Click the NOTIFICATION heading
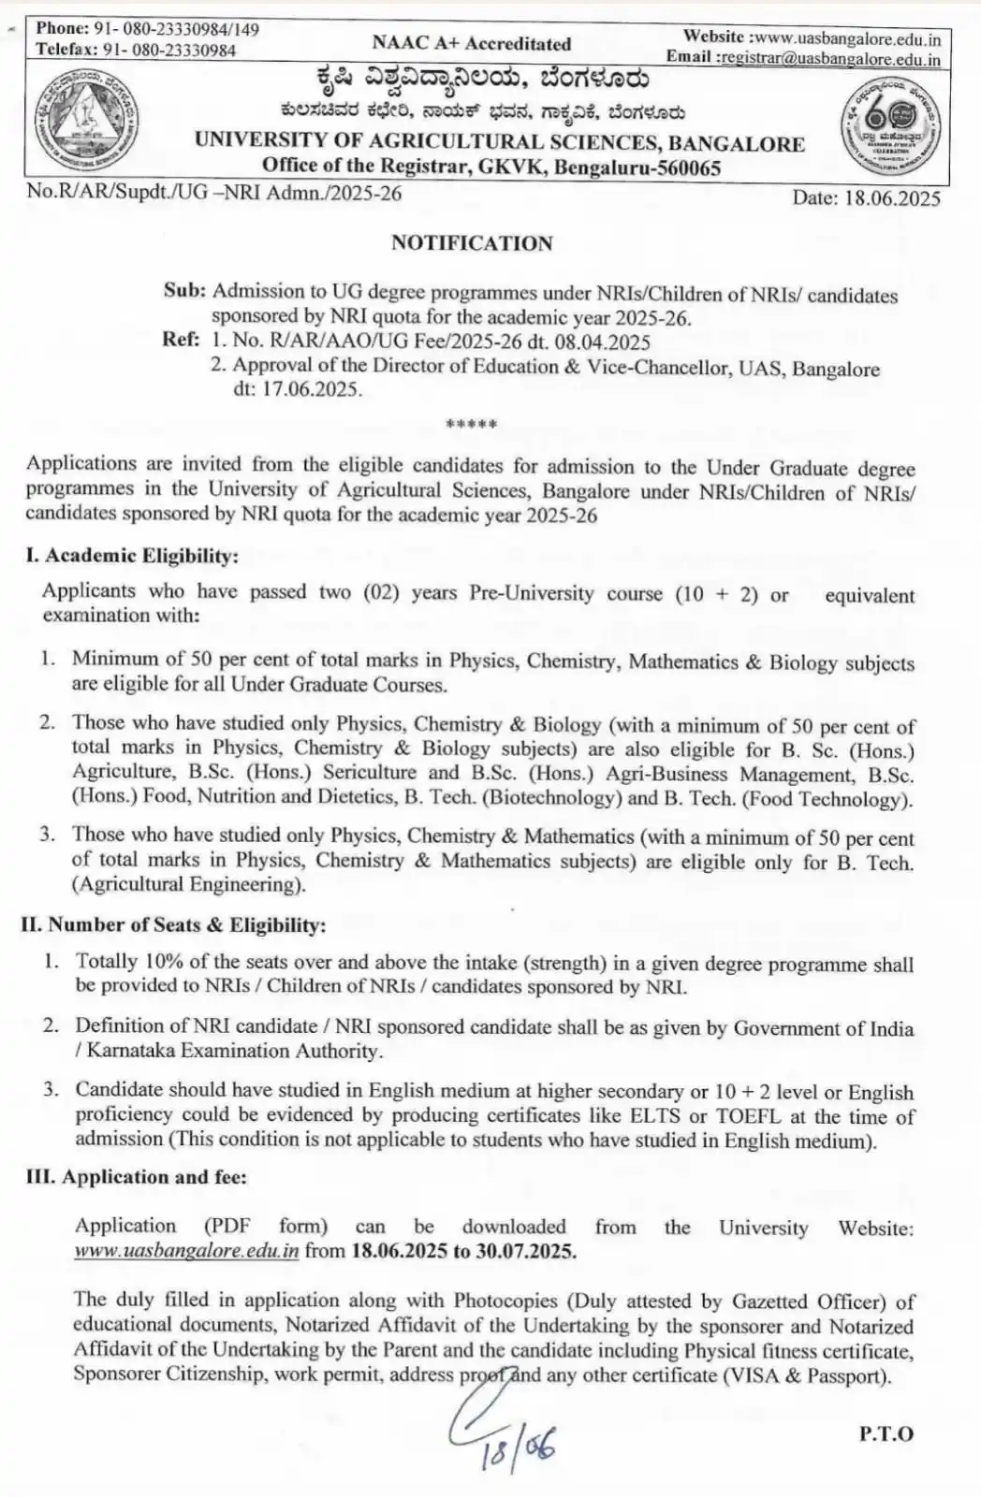[x=472, y=243]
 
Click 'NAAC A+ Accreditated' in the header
[x=471, y=43]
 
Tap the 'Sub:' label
[x=184, y=291]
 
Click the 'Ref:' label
[x=181, y=340]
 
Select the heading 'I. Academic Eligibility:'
[x=132, y=556]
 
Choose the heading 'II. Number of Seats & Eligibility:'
[x=173, y=924]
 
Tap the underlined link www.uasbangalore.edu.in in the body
[x=186, y=1251]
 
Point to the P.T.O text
[x=885, y=1433]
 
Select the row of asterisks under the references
[x=472, y=425]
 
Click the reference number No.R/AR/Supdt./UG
[x=214, y=193]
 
